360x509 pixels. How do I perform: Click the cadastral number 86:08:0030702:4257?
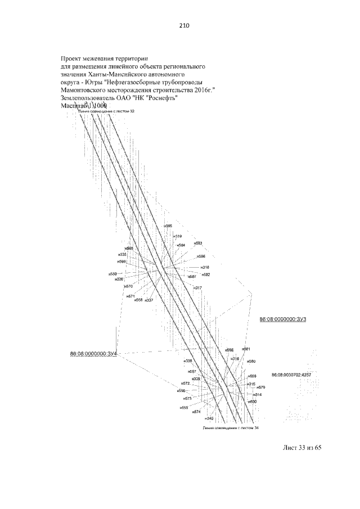pos(291,375)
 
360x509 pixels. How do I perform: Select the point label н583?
pos(197,244)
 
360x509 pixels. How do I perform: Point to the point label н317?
pos(197,288)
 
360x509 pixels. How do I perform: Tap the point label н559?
pos(113,274)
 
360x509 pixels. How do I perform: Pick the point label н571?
pos(130,295)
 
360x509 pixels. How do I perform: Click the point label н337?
pos(149,300)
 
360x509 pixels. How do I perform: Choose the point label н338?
pos(188,361)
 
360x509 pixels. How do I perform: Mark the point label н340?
pos(209,418)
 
